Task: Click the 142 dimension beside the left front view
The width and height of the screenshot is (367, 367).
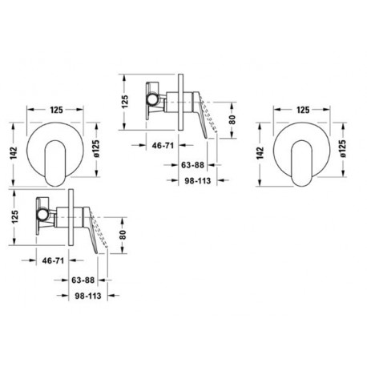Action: [14, 153]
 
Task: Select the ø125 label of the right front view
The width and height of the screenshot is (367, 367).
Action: [343, 149]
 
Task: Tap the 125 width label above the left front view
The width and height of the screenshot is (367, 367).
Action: [57, 110]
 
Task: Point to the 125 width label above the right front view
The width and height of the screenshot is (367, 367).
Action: [303, 110]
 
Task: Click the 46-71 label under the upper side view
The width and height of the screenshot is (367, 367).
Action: [163, 146]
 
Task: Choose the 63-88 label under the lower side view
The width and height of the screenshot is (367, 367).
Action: [83, 280]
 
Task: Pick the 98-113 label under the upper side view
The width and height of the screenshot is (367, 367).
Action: [198, 181]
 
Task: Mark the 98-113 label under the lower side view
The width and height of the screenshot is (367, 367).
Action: [88, 296]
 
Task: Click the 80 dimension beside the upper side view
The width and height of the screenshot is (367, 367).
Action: [232, 119]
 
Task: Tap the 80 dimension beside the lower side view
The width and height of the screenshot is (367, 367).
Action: [123, 235]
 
